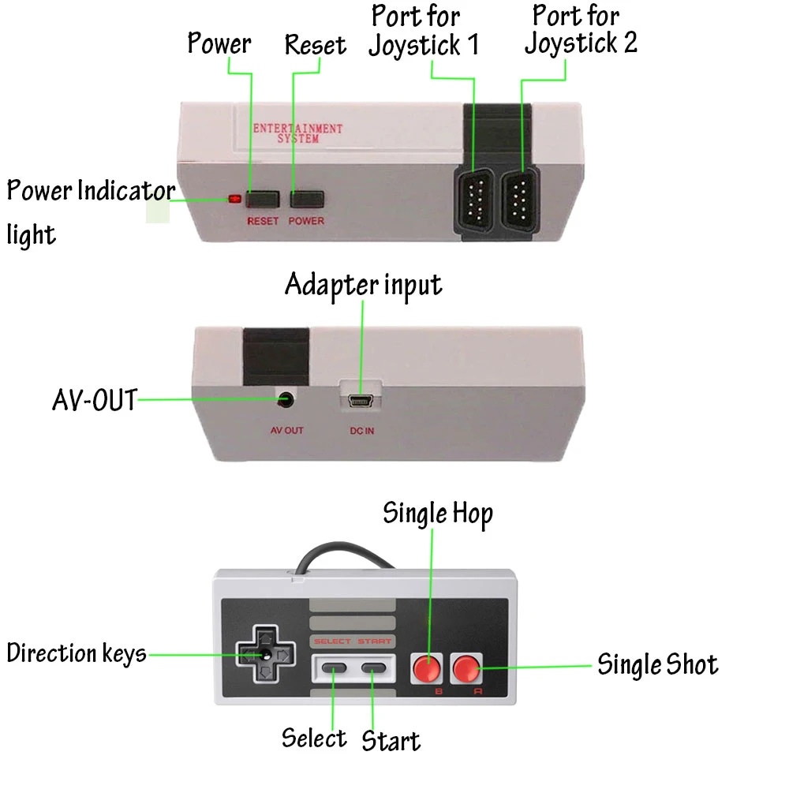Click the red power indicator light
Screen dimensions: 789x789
(x=234, y=198)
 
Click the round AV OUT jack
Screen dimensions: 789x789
(x=286, y=400)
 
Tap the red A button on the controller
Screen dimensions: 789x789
(x=467, y=669)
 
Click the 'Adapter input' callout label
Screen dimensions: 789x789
(x=363, y=285)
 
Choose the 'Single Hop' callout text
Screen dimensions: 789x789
(x=438, y=514)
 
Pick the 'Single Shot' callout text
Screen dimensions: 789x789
(x=657, y=664)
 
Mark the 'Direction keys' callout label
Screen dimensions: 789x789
(x=77, y=653)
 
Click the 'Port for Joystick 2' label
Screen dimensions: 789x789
(x=580, y=29)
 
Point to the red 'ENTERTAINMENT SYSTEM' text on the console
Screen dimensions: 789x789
(x=297, y=133)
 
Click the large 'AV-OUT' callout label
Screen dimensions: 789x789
(x=94, y=401)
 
